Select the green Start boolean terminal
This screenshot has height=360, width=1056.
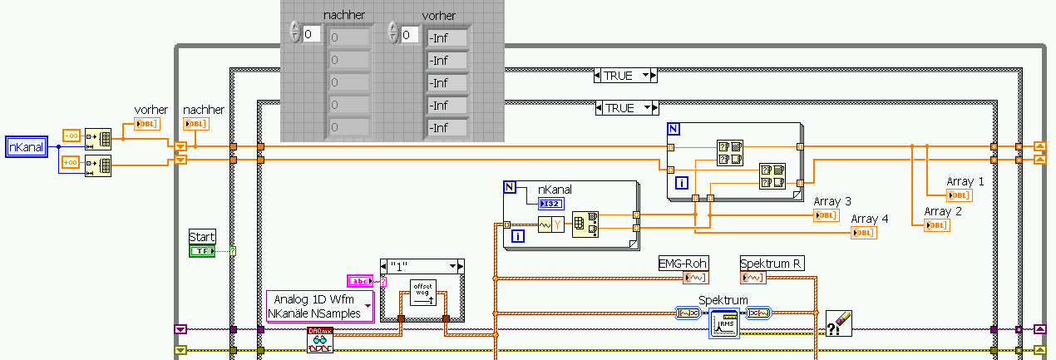(x=202, y=250)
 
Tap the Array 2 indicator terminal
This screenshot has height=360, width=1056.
(x=937, y=224)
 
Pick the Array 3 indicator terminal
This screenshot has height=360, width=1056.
(x=827, y=215)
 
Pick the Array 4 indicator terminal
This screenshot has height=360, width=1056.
(x=863, y=233)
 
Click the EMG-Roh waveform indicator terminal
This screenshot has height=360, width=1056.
(x=694, y=278)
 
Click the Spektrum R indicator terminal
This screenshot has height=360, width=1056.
(x=753, y=278)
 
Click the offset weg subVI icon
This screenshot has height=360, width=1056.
(x=422, y=293)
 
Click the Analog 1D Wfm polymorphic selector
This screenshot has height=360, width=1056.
(x=320, y=307)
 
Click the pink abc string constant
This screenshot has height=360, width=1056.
(x=360, y=281)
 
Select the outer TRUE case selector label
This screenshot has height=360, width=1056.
(x=626, y=76)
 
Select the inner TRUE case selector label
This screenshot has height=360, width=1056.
(x=626, y=108)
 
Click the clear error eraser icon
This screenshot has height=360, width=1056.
(x=838, y=323)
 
